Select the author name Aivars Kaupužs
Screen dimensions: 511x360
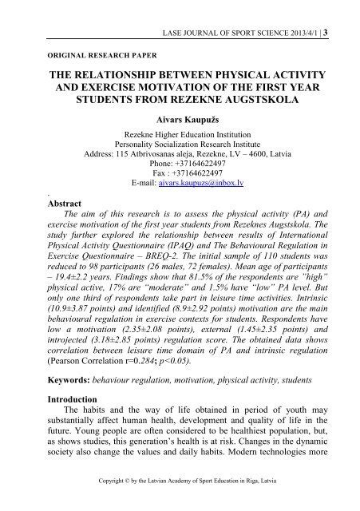pyautogui.click(x=179, y=117)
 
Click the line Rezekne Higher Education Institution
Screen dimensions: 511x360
pyautogui.click(x=179, y=135)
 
